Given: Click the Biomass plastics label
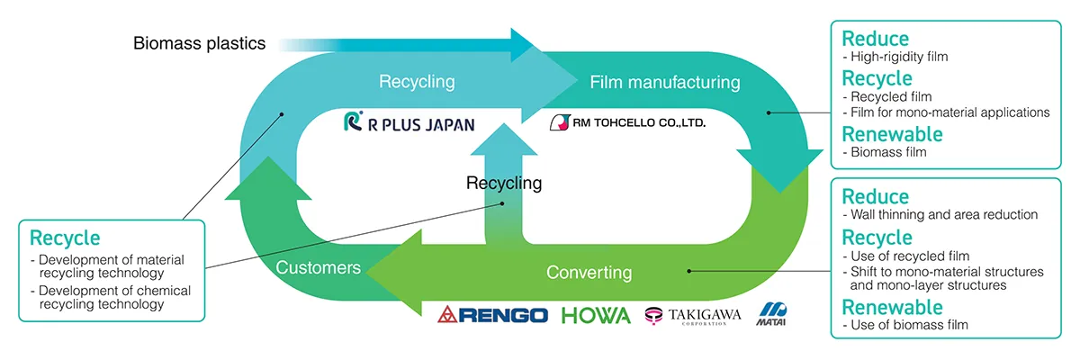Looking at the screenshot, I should pyautogui.click(x=200, y=43).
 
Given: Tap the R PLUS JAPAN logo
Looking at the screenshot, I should pyautogui.click(x=409, y=124).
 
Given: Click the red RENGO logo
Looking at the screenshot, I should pyautogui.click(x=492, y=315).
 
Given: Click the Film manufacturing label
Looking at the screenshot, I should pyautogui.click(x=665, y=83).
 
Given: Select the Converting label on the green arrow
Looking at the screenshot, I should pyautogui.click(x=589, y=272).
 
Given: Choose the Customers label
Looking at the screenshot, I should pyautogui.click(x=319, y=267).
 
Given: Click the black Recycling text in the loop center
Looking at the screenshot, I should pyautogui.click(x=504, y=184).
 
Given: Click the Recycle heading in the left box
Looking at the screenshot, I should pyautogui.click(x=65, y=238).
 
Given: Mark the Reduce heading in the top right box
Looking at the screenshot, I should pyautogui.click(x=875, y=39).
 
